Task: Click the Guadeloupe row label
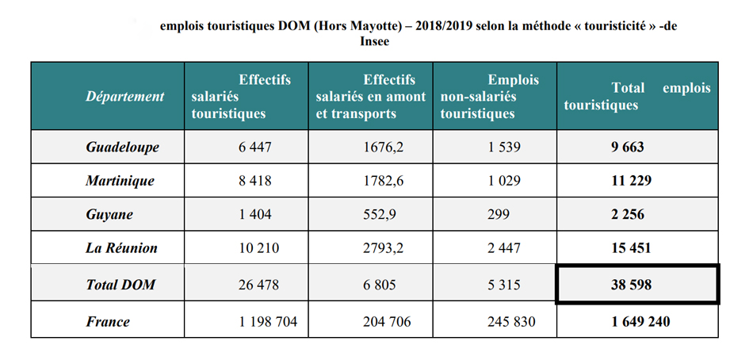pos(122,147)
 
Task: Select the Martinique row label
pos(120,181)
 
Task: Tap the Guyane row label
pos(109,214)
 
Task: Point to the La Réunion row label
pos(121,248)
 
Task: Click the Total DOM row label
pos(120,284)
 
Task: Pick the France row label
pos(108,321)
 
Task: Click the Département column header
pos(125,97)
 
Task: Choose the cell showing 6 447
pos(254,147)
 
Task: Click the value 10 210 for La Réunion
pos(259,248)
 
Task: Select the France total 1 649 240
pos(640,321)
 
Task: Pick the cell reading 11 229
pos(631,181)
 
